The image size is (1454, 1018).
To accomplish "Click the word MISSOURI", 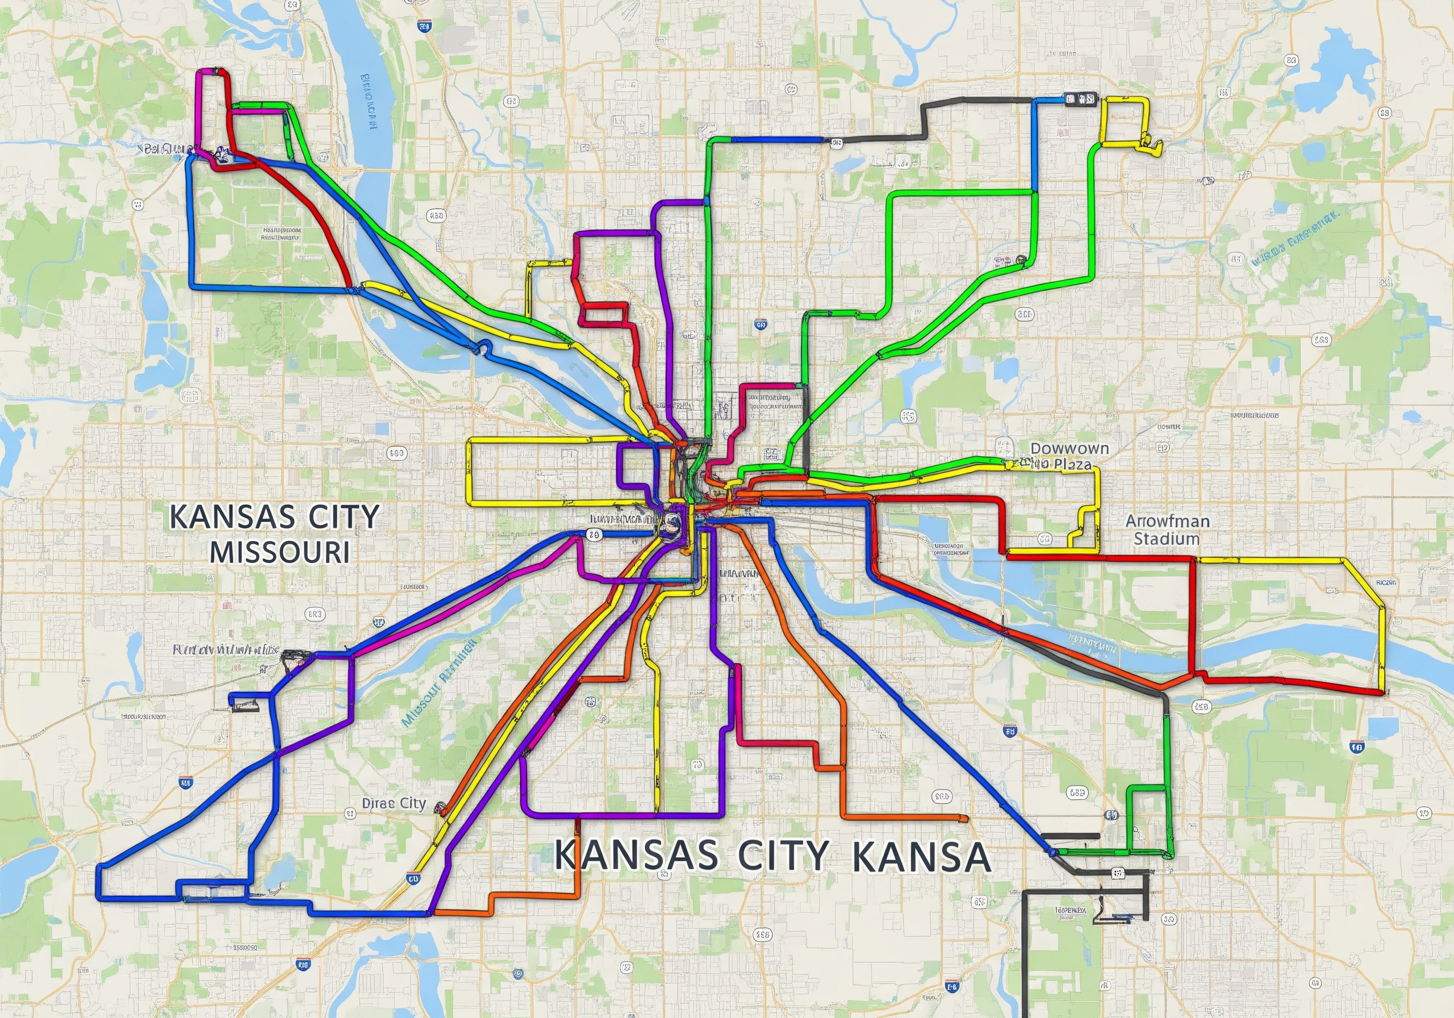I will coord(279,552).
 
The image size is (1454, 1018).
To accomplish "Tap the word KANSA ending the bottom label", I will coord(921,857).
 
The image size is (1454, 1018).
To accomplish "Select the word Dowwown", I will coord(1069,449).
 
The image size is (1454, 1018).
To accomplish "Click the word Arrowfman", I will coord(1167,521).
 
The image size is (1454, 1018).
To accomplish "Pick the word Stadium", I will coord(1166,539).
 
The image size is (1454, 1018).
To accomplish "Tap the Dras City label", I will coord(394,803).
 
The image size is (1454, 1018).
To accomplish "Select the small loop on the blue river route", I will coord(484,346).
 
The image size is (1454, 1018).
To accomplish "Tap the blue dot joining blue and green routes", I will coord(1052,853).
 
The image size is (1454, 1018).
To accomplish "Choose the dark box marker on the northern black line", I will coord(1080,99).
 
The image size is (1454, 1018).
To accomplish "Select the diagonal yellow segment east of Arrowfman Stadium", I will coord(1361,578).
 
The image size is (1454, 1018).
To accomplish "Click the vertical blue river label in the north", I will coord(369,101).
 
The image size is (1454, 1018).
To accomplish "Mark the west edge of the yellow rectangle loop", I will coord(469,472).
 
